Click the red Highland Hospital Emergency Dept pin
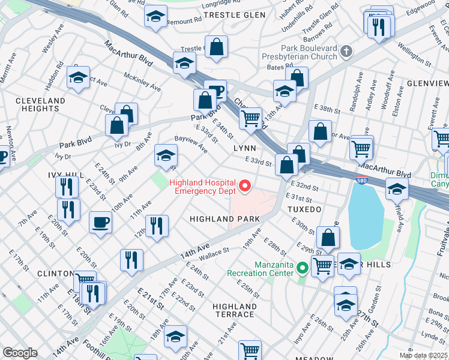244,187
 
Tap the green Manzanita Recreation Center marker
303,268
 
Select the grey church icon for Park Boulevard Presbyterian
346,52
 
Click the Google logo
20,352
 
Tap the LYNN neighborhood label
244,148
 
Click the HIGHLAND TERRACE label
234,310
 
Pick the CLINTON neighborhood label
55,273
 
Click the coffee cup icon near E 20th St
100,222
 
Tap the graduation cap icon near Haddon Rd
78,77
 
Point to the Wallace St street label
217,253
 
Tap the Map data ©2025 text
423,355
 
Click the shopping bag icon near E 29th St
328,238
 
